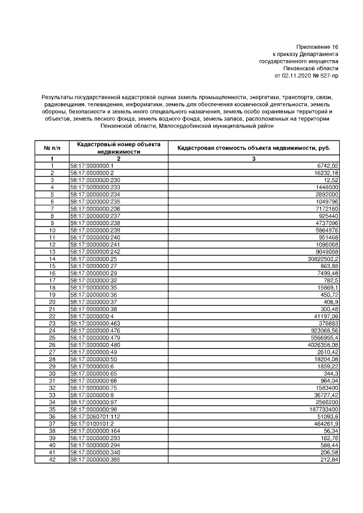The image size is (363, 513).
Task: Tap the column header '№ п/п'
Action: click(x=52, y=147)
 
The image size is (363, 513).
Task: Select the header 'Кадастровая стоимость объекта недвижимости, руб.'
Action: click(x=254, y=147)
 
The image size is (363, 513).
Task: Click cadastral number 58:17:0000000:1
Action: click(x=92, y=166)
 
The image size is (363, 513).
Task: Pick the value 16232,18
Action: click(x=326, y=172)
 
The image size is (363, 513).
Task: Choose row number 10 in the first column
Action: click(x=52, y=230)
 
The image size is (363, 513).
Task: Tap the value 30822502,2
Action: click(x=323, y=258)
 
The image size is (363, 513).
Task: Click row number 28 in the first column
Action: click(x=52, y=359)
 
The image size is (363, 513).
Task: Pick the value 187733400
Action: click(x=323, y=409)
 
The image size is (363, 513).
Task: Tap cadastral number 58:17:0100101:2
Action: click(x=92, y=423)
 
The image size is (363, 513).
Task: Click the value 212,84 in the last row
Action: click(x=329, y=459)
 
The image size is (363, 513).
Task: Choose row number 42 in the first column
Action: click(x=52, y=459)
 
